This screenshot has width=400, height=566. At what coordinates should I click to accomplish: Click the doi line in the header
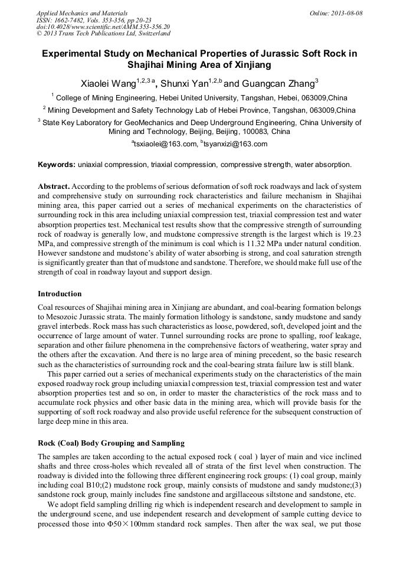click(103, 27)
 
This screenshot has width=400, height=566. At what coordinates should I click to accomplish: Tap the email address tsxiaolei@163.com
click(164, 144)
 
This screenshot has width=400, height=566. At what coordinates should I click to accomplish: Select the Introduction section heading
click(60, 294)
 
